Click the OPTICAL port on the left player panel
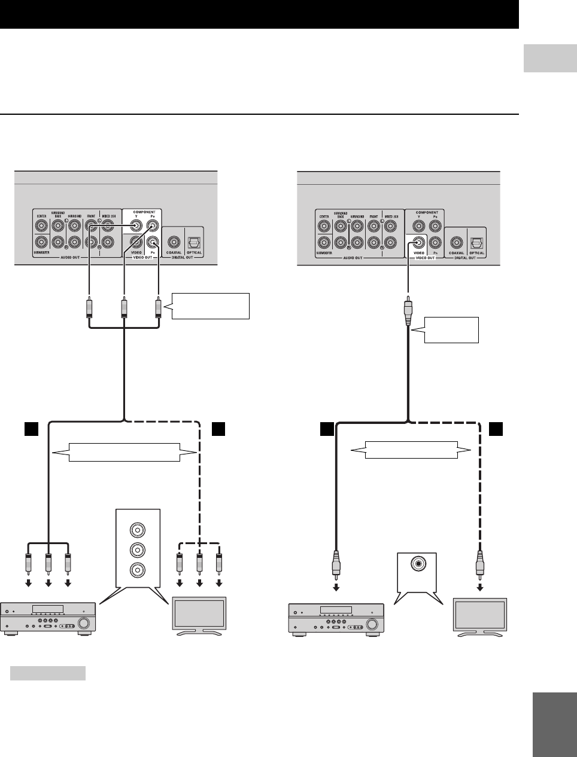[194, 242]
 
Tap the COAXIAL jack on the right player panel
[457, 242]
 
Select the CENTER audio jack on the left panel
[41, 226]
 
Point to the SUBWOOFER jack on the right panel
[324, 242]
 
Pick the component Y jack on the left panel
[137, 226]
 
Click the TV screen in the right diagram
[480, 615]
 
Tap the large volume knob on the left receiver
[85, 624]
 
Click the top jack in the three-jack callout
[138, 530]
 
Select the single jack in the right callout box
[417, 563]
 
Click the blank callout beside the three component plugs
[210, 306]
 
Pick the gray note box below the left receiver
[48, 674]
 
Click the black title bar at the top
[259, 14]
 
